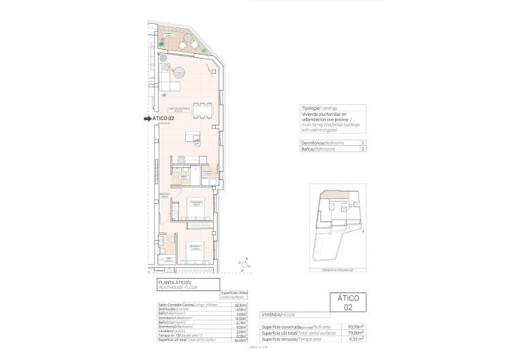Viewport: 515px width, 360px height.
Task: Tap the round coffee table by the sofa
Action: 180,70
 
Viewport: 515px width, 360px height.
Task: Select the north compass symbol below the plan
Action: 243,265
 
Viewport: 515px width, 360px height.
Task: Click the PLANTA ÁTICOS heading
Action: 176,282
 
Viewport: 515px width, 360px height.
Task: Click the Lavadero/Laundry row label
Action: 172,332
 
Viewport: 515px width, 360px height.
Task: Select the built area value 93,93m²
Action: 355,327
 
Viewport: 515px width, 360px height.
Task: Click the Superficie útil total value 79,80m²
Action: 355,333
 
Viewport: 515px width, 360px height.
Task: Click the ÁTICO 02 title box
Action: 348,302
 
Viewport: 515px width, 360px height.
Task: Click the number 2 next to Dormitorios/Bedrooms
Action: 362,143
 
